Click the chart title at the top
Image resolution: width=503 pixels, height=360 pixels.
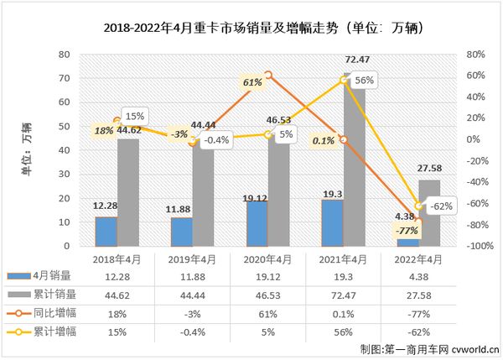point(251,28)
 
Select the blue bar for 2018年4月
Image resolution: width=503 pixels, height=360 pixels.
point(106,231)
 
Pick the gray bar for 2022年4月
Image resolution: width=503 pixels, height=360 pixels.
point(429,213)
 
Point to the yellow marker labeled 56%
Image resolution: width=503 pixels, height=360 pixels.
point(344,80)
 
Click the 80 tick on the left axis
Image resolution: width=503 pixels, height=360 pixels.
point(64,55)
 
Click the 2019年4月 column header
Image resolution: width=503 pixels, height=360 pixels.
point(192,259)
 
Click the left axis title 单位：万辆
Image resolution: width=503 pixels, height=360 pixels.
point(28,149)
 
